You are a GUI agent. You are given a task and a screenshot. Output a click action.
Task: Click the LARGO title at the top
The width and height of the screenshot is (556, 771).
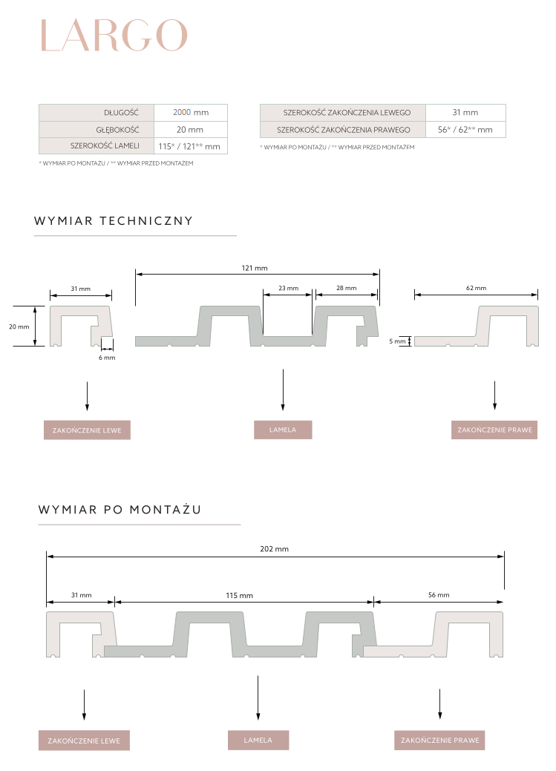(x=114, y=35)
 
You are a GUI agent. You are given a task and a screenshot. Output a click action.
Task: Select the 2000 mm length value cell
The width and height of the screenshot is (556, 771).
(x=191, y=113)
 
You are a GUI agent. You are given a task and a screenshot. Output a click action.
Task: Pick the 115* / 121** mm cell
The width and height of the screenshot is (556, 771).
(x=190, y=147)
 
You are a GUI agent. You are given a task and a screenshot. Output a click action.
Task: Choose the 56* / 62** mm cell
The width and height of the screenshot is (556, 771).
(x=465, y=130)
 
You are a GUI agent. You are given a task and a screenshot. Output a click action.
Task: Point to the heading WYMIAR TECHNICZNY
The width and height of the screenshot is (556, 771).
(x=114, y=220)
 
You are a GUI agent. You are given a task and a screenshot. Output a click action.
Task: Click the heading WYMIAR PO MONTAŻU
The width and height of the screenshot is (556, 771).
(x=120, y=510)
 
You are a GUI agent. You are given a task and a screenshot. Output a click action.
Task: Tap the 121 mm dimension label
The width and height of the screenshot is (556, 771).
(x=255, y=268)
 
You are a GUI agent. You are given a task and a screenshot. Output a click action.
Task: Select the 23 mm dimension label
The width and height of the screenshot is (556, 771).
(x=288, y=288)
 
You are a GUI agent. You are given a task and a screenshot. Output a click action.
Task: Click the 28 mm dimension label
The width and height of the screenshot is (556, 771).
(x=346, y=288)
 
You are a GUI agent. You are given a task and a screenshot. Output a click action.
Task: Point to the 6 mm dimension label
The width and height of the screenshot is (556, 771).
(x=107, y=358)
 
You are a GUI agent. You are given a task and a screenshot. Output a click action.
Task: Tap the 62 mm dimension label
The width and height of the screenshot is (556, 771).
(x=476, y=288)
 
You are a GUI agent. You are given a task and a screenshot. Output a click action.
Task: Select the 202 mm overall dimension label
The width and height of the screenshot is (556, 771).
(x=275, y=549)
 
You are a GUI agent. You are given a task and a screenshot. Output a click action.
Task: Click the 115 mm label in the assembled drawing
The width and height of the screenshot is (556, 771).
(x=240, y=595)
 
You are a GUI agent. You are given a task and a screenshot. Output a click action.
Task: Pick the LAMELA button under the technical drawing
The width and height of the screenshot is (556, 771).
(x=283, y=430)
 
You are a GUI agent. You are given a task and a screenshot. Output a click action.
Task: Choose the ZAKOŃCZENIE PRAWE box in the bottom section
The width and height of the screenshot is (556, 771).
(x=440, y=740)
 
